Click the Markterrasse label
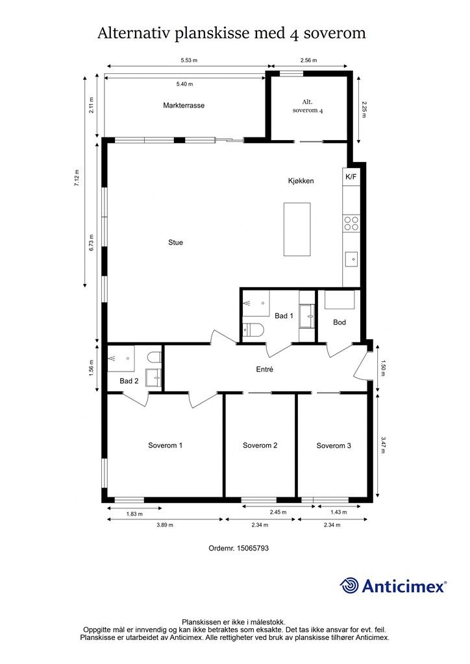pyautogui.click(x=184, y=106)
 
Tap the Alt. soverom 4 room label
pyautogui.click(x=308, y=106)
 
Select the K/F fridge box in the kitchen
pyautogui.click(x=351, y=177)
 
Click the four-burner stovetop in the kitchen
pyautogui.click(x=351, y=223)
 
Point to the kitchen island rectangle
pyautogui.click(x=297, y=229)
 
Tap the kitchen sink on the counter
pyautogui.click(x=351, y=259)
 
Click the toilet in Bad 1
pyautogui.click(x=253, y=329)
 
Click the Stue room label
pyautogui.click(x=175, y=243)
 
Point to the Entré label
pyautogui.click(x=264, y=369)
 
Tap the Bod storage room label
pyautogui.click(x=340, y=322)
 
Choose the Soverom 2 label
pyautogui.click(x=260, y=445)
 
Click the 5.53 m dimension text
pyautogui.click(x=189, y=60)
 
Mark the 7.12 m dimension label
pyautogui.click(x=77, y=178)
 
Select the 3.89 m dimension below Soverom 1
pyautogui.click(x=165, y=525)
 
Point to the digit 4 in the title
pyautogui.click(x=294, y=34)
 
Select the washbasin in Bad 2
pyautogui.click(x=153, y=378)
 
